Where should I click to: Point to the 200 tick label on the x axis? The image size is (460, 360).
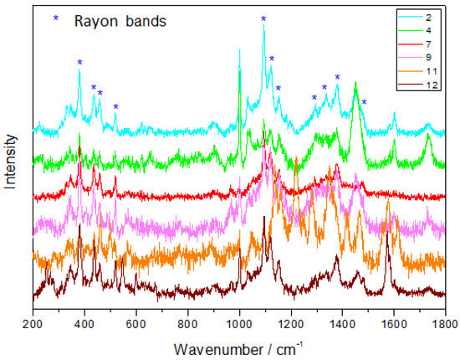tap(33, 321)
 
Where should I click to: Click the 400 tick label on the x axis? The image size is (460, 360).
tap(84, 321)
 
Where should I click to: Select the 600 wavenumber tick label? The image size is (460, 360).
tap(135, 321)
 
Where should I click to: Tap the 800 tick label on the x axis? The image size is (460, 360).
tap(187, 321)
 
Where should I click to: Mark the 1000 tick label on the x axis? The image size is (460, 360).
tap(239, 321)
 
